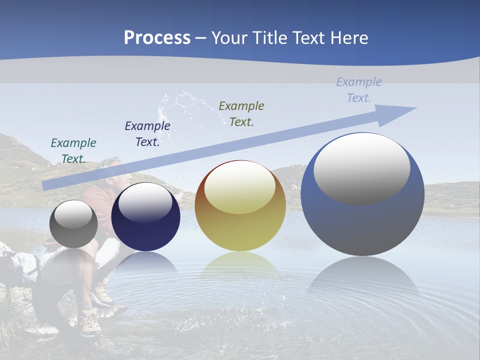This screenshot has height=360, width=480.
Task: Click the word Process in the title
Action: [x=157, y=37]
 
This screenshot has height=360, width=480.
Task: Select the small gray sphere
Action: [x=73, y=224]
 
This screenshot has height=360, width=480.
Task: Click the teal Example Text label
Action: [x=73, y=150]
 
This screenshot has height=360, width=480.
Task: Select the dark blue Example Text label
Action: [x=147, y=133]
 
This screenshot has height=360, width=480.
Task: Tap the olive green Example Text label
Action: [x=241, y=113]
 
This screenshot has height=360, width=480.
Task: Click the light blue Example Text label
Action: [x=359, y=89]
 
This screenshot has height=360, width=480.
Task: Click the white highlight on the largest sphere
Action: [x=361, y=169]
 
